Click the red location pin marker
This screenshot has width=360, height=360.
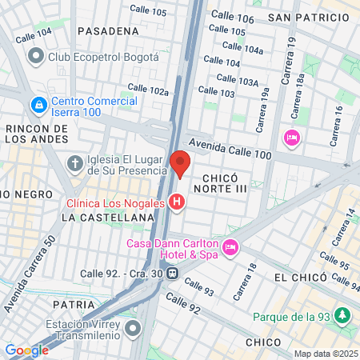179,162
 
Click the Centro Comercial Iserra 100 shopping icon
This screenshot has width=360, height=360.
38,105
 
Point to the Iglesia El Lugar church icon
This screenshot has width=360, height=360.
75,164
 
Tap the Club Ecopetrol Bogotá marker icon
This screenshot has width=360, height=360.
35,57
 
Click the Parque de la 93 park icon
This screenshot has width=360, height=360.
343,315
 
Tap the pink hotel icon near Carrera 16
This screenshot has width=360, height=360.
292,138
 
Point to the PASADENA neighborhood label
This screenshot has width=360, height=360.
108,30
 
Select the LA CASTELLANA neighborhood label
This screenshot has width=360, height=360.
107,217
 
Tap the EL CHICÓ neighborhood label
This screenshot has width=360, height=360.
300,277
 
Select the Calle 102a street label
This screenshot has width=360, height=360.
148,90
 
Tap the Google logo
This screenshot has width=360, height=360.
26,350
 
